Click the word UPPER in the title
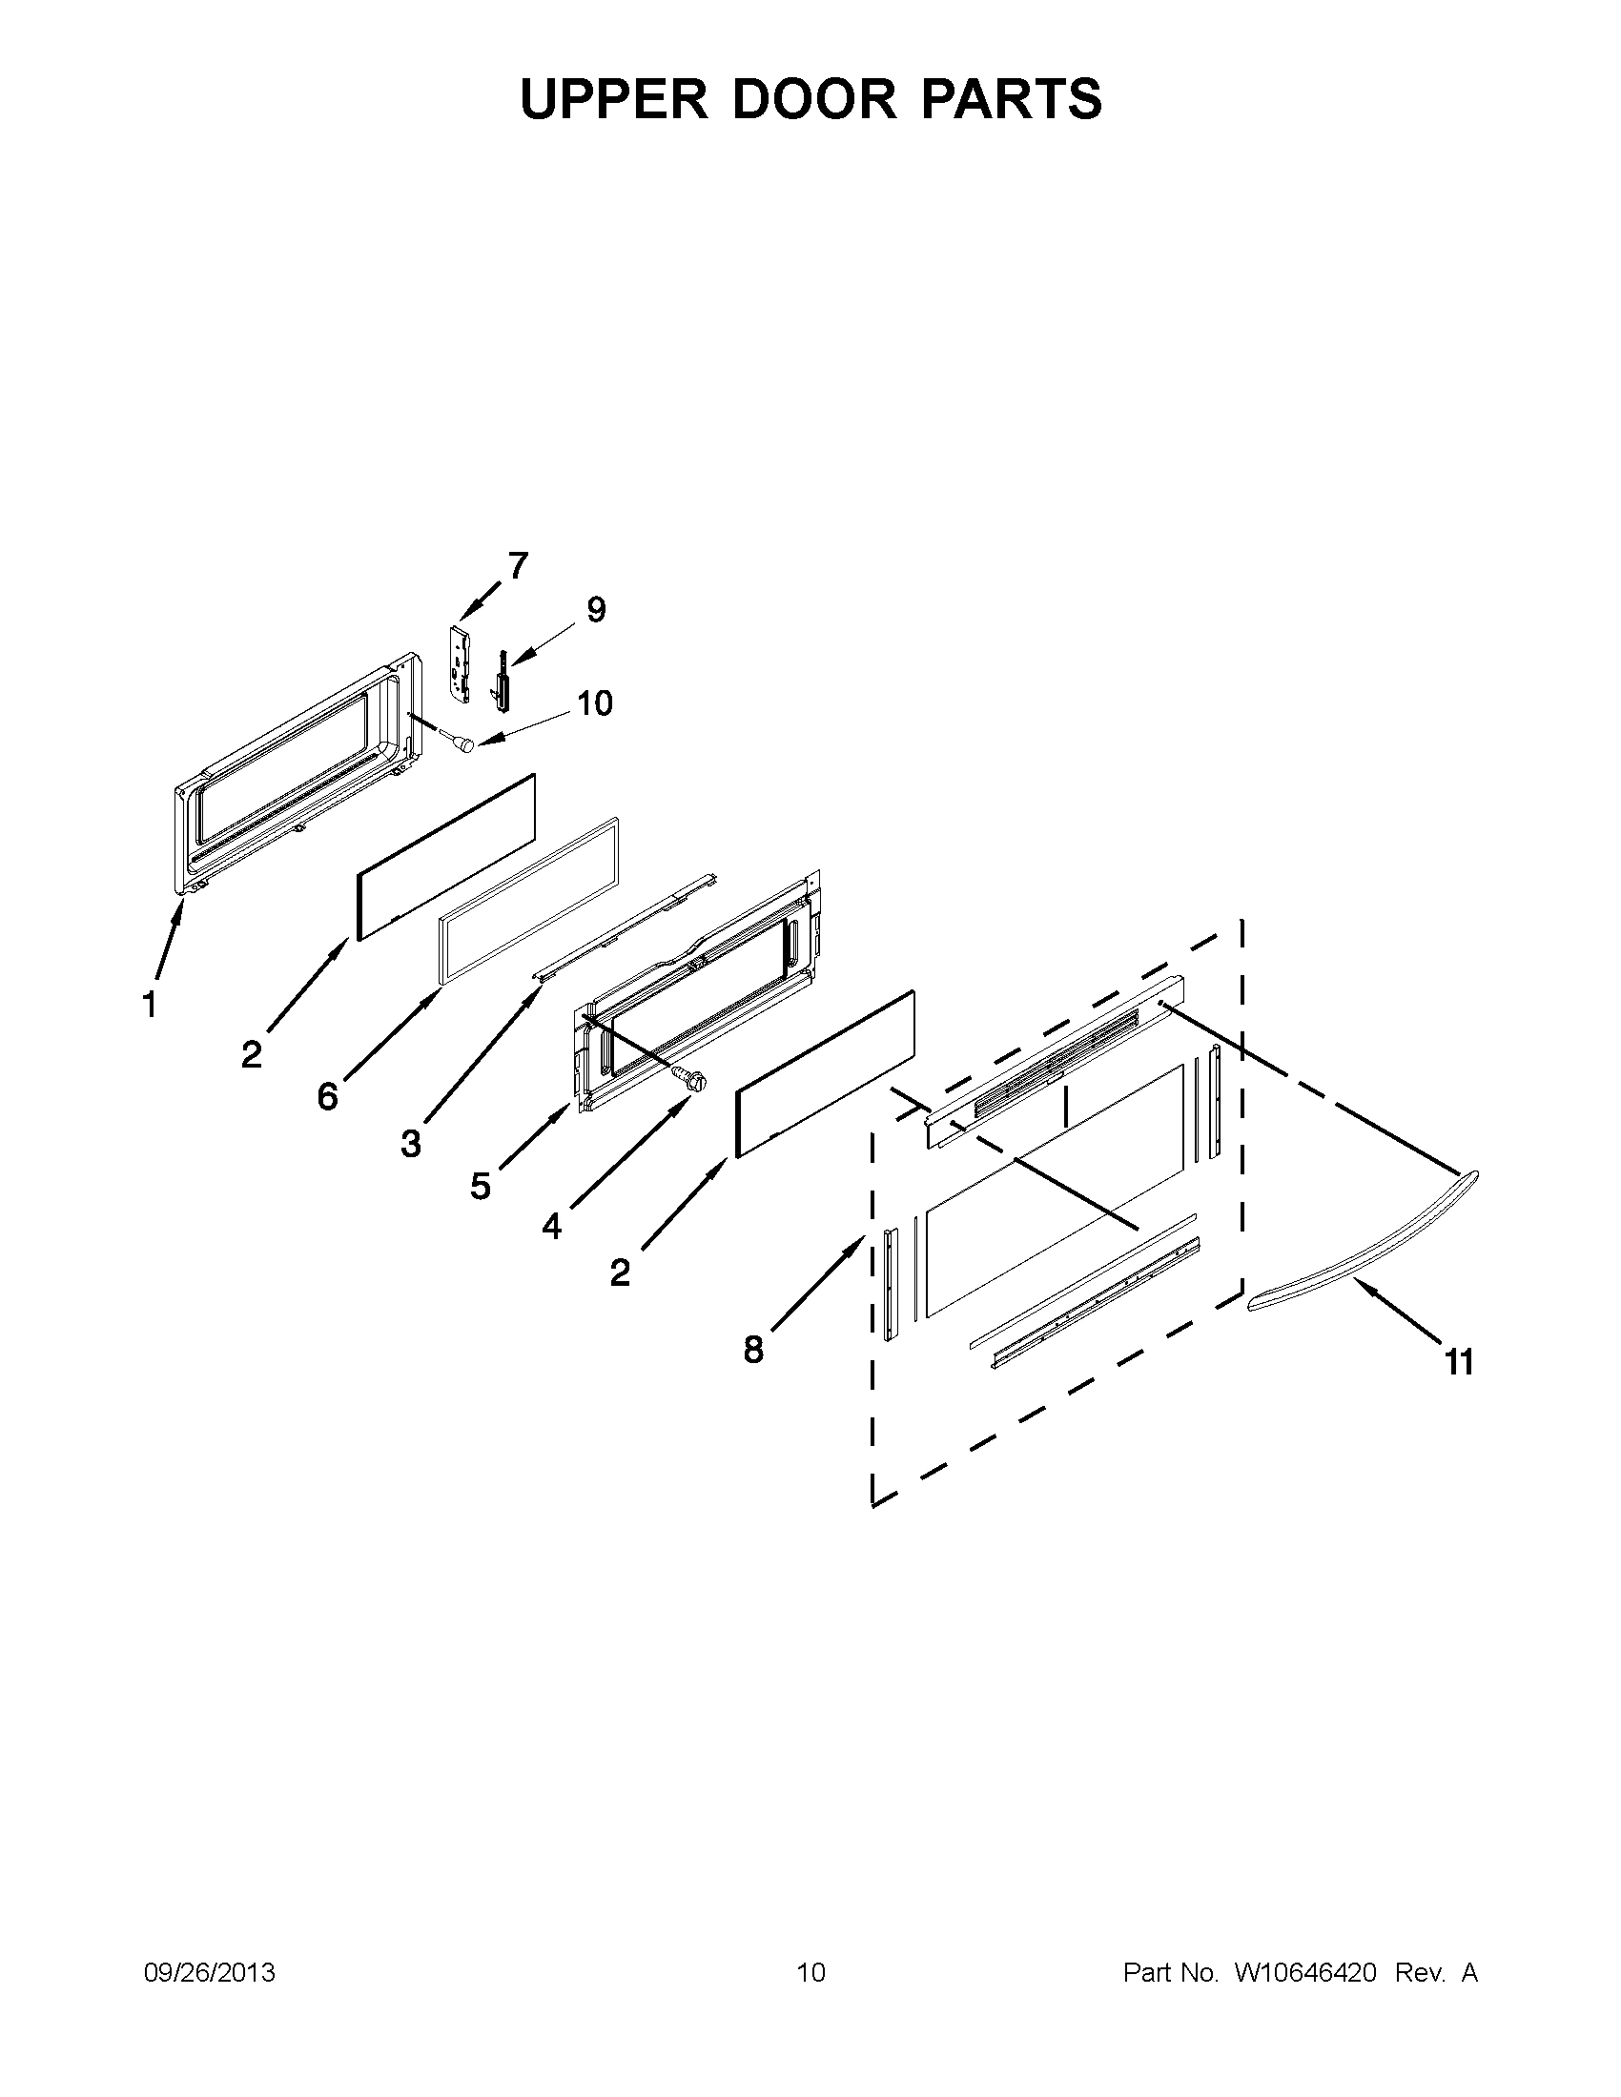tap(614, 99)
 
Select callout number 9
tap(596, 610)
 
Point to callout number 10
tap(594, 702)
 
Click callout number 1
tap(149, 1005)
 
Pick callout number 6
tap(328, 1095)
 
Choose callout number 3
tap(411, 1144)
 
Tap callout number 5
tap(481, 1187)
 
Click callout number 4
tap(551, 1226)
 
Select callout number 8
tap(754, 1349)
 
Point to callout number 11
tap(1459, 1360)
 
